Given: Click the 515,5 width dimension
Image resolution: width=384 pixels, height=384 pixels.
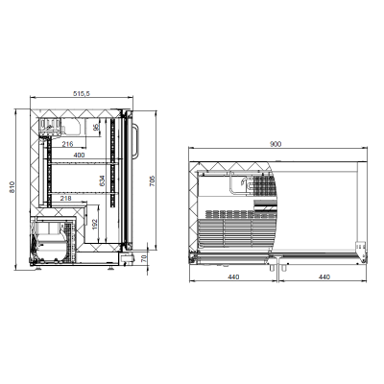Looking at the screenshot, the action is [82, 93].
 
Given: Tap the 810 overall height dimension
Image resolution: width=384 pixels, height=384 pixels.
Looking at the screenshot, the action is [12, 187].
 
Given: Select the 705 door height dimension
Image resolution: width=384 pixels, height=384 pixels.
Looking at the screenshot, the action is [153, 180].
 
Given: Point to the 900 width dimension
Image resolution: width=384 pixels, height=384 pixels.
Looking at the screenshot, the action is [276, 144].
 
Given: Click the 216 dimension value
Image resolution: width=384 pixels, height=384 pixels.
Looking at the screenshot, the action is [67, 144].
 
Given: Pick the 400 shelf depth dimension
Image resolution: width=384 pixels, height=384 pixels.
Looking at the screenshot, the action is [79, 156].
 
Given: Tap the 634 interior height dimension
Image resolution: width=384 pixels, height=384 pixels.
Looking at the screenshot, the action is [102, 180].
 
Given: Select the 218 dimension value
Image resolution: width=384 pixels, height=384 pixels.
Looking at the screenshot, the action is [65, 199].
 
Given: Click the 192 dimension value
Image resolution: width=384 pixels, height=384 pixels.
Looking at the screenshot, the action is [94, 224].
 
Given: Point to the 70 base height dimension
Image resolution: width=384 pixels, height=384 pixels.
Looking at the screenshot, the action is [144, 257].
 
